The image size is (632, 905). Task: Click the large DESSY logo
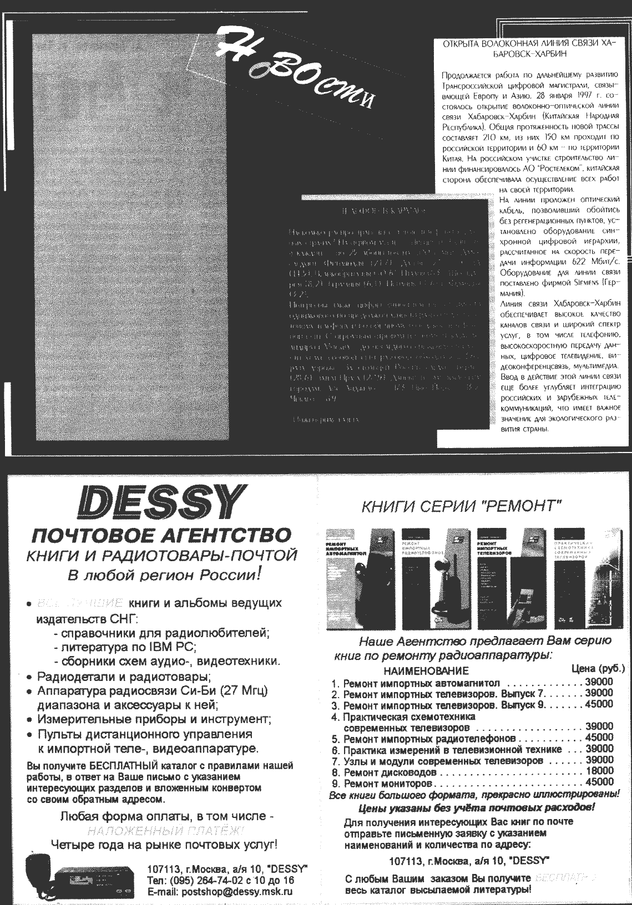click(160, 502)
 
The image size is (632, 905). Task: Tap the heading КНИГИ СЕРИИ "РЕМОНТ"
click(462, 506)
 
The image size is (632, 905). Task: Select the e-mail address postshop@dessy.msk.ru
click(220, 892)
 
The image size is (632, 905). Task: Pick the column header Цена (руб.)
click(598, 668)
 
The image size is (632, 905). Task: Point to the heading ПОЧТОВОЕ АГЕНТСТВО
click(161, 535)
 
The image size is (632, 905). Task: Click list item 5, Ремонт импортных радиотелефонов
click(429, 738)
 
